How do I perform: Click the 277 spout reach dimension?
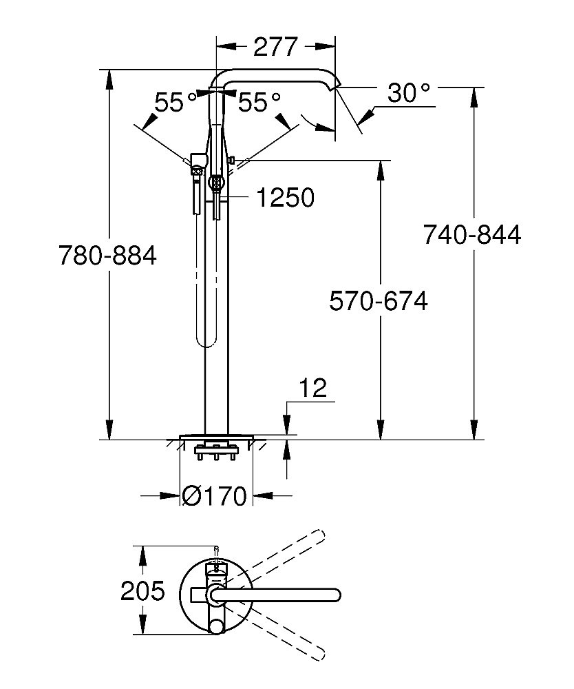[x=276, y=47]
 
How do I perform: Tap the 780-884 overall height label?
[x=107, y=256]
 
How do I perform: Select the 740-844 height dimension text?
[x=472, y=235]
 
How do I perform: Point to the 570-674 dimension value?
[x=379, y=301]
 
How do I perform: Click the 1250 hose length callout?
[x=285, y=198]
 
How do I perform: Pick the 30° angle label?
[x=408, y=93]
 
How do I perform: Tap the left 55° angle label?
[x=176, y=103]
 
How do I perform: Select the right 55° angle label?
[x=259, y=103]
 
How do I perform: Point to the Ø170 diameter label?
[x=215, y=495]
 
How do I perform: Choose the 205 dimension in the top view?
[x=142, y=590]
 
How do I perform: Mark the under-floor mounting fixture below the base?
[x=216, y=452]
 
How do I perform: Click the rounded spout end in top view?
[x=335, y=593]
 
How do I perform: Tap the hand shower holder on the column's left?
[x=197, y=162]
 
